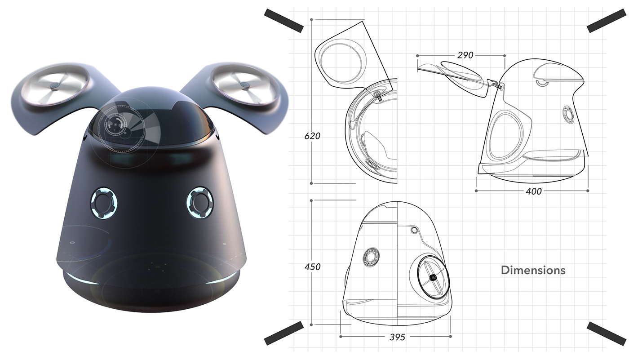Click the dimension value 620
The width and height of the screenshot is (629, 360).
tap(312, 136)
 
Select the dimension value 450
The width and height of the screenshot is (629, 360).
tap(312, 267)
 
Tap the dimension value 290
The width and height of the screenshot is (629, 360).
tap(465, 55)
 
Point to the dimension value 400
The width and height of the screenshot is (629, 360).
tap(533, 191)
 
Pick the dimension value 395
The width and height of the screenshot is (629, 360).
tap(397, 337)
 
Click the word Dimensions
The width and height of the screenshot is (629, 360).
tap(533, 270)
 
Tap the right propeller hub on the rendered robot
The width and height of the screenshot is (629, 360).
tap(244, 84)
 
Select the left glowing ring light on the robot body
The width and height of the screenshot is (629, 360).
tap(104, 203)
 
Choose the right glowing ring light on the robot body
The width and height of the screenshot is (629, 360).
tap(199, 202)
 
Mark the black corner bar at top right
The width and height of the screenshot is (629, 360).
tap(606, 21)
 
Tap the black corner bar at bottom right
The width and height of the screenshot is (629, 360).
tap(606, 334)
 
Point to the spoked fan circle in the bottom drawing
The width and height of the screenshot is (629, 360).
tap(432, 278)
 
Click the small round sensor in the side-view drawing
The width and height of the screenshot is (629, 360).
tap(568, 114)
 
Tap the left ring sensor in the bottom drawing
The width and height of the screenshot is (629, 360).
tap(371, 256)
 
